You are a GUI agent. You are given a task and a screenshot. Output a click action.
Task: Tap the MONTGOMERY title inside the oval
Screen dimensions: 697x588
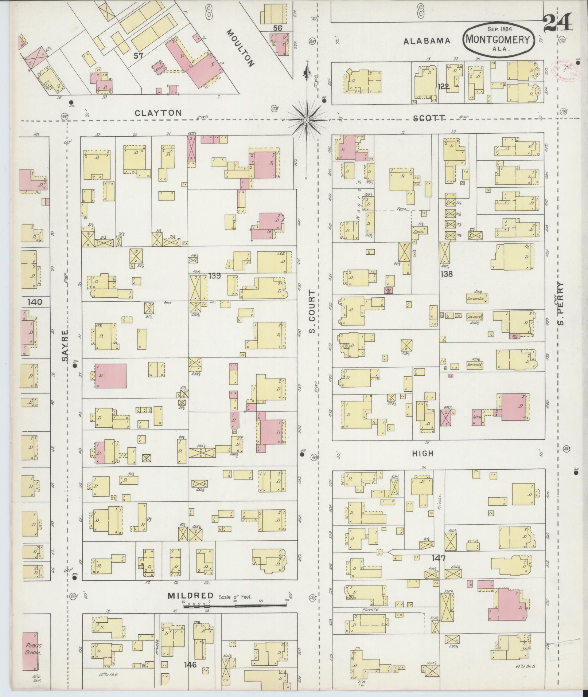(x=499, y=39)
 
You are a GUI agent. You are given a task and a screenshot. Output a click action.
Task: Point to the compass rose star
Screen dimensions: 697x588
(x=307, y=120)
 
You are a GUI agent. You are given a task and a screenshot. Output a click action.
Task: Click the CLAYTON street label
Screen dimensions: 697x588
(x=158, y=113)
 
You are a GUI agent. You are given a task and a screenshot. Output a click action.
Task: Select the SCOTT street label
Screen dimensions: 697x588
(x=429, y=118)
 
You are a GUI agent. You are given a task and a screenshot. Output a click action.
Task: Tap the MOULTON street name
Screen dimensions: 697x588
(x=240, y=48)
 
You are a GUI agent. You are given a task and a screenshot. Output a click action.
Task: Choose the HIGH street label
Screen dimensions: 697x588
(x=422, y=453)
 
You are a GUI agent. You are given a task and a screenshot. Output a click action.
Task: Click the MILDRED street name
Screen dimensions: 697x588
(x=190, y=596)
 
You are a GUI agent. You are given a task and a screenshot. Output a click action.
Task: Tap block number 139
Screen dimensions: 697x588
(x=215, y=276)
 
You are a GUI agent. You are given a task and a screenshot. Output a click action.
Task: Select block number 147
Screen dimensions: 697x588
(x=439, y=558)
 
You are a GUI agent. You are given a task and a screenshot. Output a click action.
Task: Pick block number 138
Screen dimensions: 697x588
(x=447, y=273)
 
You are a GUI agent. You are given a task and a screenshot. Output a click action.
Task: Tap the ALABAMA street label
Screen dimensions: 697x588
(x=427, y=41)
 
